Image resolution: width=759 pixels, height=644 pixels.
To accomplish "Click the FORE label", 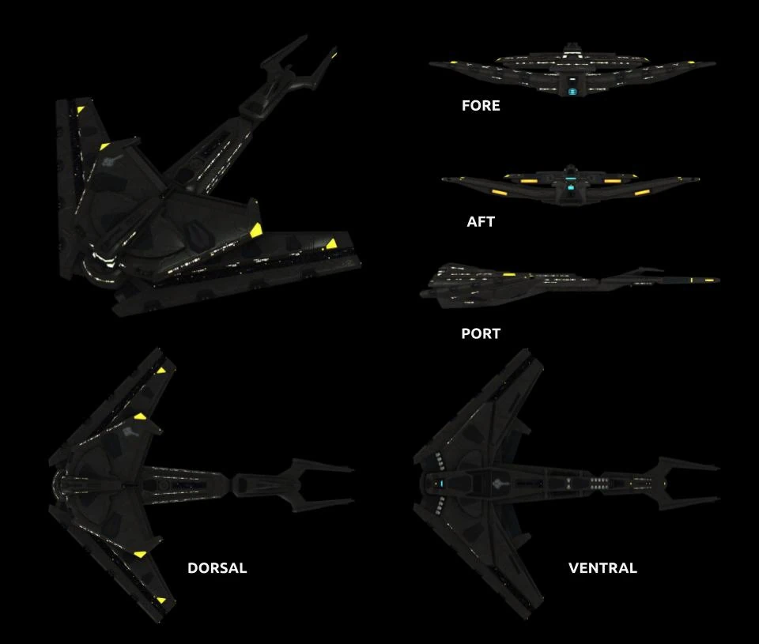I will (x=481, y=105).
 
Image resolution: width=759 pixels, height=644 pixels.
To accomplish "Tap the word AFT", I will (x=481, y=222).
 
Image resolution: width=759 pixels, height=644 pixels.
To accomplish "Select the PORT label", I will (x=481, y=333).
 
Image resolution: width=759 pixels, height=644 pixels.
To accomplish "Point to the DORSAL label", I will (x=217, y=568).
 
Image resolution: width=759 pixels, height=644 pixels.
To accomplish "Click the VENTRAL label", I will (x=602, y=568).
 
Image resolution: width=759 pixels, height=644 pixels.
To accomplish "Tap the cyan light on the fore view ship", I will (x=572, y=92).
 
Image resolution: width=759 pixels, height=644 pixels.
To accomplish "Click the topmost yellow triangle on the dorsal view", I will (x=161, y=370).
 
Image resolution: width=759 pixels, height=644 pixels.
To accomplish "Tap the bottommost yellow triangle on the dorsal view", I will (x=161, y=601).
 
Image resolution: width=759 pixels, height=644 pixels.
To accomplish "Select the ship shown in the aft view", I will (x=571, y=183).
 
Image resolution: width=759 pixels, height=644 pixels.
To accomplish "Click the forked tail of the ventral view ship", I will (x=680, y=480).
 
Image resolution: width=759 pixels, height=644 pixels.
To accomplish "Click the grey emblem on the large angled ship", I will (x=111, y=161).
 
